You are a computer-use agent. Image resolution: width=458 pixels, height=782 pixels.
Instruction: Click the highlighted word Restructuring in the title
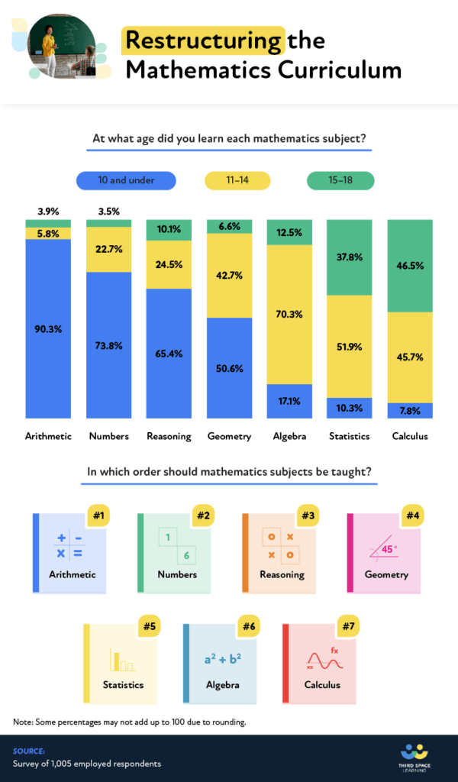point(203,40)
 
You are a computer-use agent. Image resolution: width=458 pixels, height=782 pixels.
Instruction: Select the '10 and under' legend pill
point(126,180)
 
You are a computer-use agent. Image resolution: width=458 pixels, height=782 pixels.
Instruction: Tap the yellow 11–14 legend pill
point(237,180)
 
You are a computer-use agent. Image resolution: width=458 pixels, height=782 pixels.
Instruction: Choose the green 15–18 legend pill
point(340,180)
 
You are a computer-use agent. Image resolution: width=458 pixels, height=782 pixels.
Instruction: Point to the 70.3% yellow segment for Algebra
point(289,314)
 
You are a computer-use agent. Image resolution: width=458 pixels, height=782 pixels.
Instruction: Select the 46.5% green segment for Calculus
point(410,266)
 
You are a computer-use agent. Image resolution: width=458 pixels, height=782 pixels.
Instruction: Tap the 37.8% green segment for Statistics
point(350,257)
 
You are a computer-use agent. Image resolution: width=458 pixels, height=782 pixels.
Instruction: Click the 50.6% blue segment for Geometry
point(229,368)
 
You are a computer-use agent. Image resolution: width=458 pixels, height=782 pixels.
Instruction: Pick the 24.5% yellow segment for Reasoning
point(169,264)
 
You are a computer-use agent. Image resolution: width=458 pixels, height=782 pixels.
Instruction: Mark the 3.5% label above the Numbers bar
point(108,212)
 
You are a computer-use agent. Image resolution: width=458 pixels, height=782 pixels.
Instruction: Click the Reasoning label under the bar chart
point(169,436)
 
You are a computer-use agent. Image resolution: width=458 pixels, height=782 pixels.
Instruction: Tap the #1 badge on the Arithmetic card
point(98,515)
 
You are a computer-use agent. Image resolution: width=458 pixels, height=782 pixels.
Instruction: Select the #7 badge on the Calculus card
point(348,627)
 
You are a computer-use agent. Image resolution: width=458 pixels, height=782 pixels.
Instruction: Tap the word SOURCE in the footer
point(29,751)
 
